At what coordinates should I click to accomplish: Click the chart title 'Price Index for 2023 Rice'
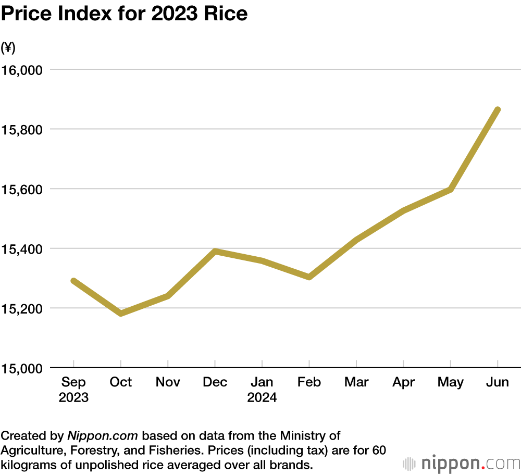point(124,15)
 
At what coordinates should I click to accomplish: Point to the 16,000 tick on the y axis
point(23,70)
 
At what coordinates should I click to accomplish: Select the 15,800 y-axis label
point(23,129)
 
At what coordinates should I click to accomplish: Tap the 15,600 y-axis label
point(23,189)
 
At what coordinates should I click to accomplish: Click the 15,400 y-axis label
point(23,248)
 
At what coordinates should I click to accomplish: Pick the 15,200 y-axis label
point(23,308)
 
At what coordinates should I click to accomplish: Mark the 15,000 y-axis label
point(23,368)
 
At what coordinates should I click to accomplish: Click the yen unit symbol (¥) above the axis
point(8,48)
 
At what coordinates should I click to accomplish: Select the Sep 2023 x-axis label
point(73,390)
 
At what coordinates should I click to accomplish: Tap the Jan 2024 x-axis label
point(262,390)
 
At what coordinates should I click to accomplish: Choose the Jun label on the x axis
point(498,382)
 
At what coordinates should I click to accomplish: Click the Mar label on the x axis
point(356,382)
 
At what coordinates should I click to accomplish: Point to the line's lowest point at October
point(121,313)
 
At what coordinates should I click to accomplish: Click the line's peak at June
point(498,110)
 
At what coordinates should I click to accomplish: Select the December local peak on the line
point(215,251)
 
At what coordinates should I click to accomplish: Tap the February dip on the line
point(309,277)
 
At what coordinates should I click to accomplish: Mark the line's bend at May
point(450,190)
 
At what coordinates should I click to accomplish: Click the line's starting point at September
point(74,281)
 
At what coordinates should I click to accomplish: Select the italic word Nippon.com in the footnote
point(102,435)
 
